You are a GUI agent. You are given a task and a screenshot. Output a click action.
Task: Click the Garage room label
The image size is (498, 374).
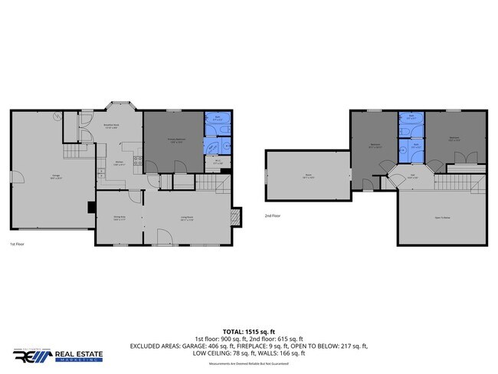pyautogui.click(x=57, y=177)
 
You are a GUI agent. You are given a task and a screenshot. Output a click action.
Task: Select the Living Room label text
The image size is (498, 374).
pyautogui.click(x=187, y=219)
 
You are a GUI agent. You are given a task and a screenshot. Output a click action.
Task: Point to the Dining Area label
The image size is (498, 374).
pyautogui.click(x=120, y=219)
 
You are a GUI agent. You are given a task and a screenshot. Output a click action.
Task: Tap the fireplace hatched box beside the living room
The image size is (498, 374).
pyautogui.click(x=236, y=217)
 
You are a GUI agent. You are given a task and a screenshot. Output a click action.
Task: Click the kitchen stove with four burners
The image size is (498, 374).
pyautogui.click(x=137, y=161)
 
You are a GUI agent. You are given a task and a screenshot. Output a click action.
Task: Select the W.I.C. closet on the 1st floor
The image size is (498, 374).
pyautogui.click(x=218, y=162)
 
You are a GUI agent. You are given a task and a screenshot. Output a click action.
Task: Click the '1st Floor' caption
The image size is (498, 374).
pyautogui.click(x=18, y=244)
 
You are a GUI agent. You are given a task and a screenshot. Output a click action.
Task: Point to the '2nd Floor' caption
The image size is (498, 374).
pyautogui.click(x=273, y=216)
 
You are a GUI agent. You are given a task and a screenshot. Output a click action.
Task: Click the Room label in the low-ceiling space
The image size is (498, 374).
pyautogui.click(x=306, y=177)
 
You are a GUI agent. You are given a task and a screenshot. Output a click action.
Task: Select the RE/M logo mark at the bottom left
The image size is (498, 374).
pyautogui.click(x=32, y=356)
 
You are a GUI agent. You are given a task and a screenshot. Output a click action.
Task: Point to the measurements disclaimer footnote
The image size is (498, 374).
pyautogui.click(x=249, y=364)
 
